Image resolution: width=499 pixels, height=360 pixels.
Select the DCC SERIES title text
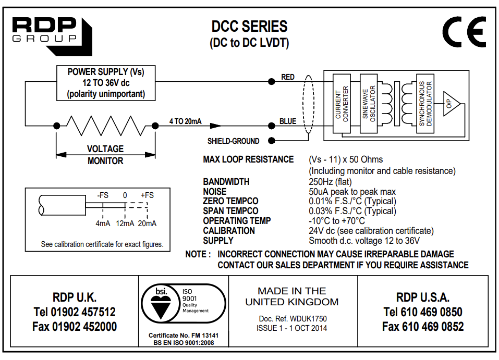249,26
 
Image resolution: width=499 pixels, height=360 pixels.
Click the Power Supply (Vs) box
106,83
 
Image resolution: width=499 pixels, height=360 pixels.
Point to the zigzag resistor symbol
106,125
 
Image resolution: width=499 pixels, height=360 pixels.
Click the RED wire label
288,77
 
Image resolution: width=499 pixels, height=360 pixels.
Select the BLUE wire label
288,121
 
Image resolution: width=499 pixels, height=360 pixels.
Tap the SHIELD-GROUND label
233,141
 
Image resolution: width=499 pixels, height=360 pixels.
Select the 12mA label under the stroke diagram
125,224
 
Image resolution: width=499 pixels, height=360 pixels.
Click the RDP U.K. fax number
75,327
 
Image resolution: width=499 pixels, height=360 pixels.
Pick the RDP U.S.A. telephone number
422,312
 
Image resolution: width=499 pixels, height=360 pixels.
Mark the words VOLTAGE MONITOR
105,155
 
